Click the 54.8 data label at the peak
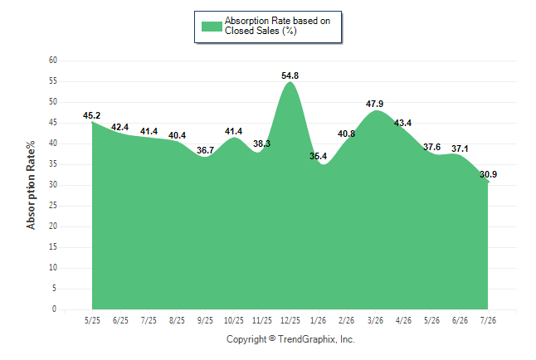(x=290, y=75)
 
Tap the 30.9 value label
(x=488, y=174)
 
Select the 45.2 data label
(x=91, y=115)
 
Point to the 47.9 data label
(x=375, y=104)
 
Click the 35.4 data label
(x=319, y=156)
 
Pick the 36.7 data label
(x=205, y=150)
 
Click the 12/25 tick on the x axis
(x=290, y=320)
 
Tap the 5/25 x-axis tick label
(x=92, y=320)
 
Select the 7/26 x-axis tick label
(x=488, y=320)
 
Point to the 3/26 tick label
(x=375, y=320)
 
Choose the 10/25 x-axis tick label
(x=234, y=320)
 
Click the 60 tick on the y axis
(x=53, y=61)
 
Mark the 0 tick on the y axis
(x=55, y=309)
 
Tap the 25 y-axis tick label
(x=53, y=206)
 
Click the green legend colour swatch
(x=212, y=27)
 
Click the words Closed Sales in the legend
(x=252, y=31)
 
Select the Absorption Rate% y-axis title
(x=31, y=185)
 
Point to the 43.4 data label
(x=402, y=123)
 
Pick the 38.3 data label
(x=262, y=144)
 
